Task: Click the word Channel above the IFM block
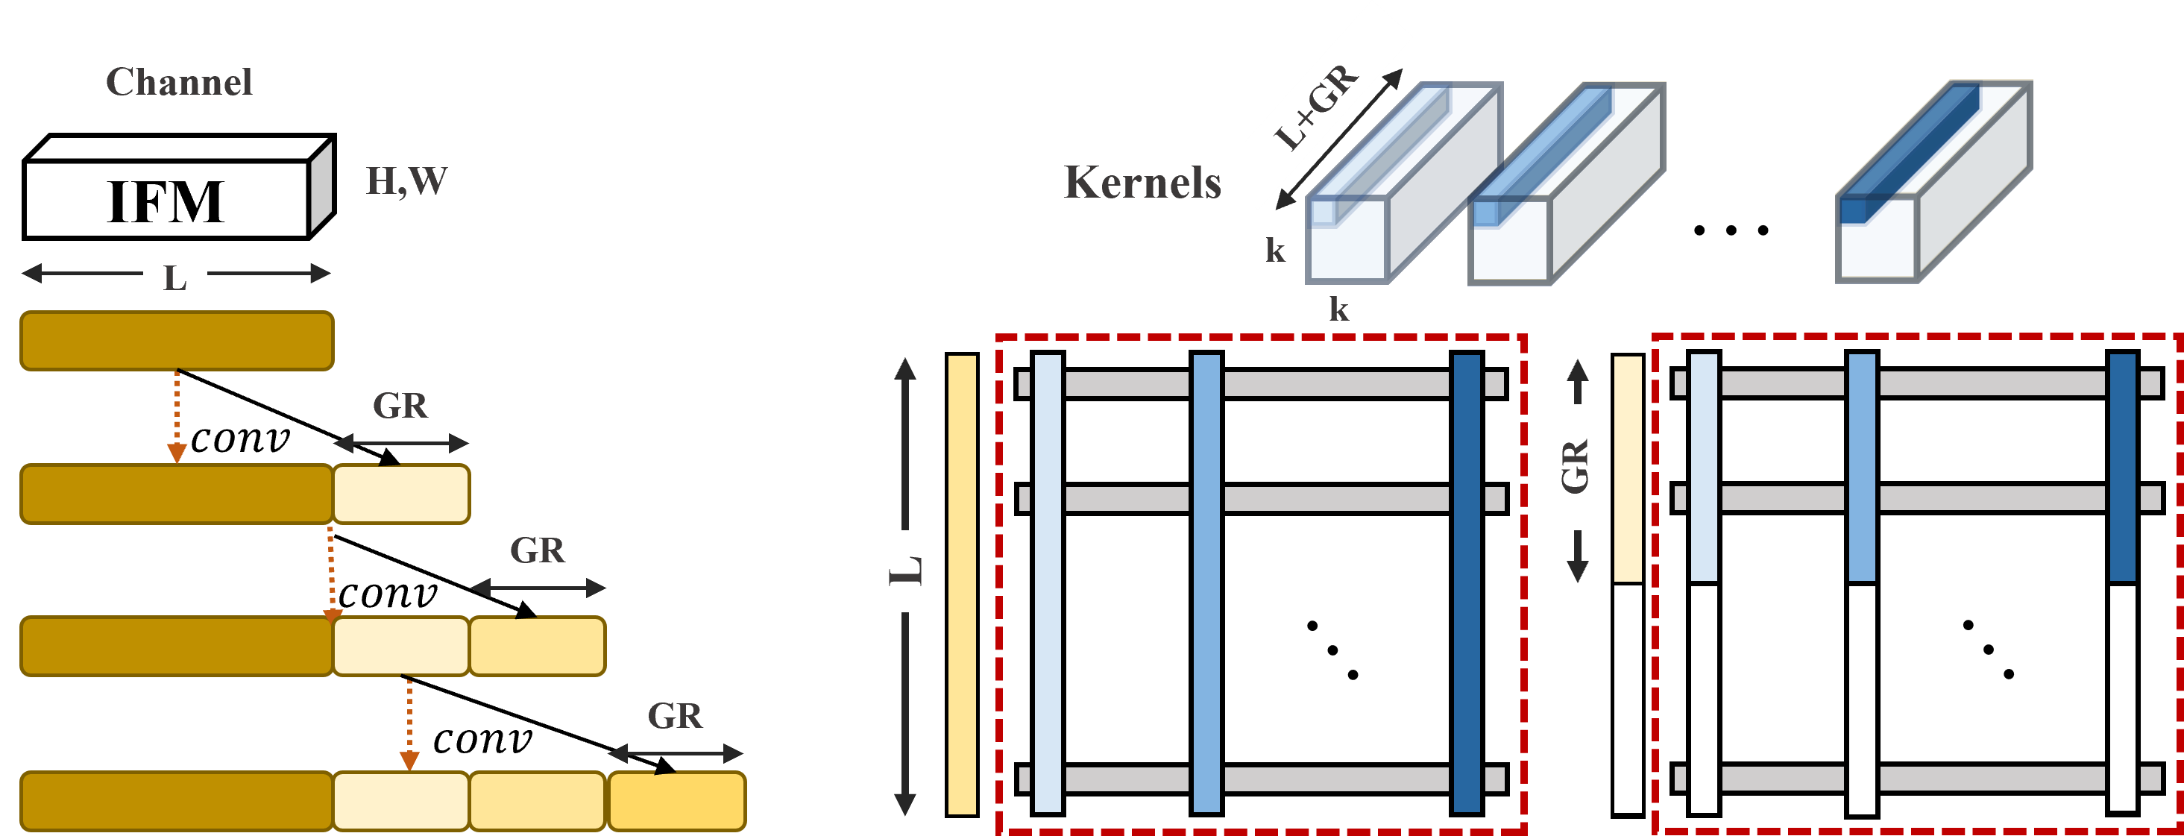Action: [179, 81]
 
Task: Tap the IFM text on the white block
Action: [166, 201]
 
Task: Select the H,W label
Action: [406, 180]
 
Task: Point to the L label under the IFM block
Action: [174, 277]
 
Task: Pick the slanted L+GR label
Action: [1318, 107]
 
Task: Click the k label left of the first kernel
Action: [1274, 249]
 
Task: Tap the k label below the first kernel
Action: [1338, 308]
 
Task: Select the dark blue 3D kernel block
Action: [1932, 183]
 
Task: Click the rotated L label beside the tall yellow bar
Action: [904, 571]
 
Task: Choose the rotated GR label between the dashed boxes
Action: [1573, 467]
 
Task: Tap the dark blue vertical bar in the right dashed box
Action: [2122, 468]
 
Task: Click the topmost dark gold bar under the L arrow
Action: [177, 341]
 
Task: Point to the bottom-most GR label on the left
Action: [675, 715]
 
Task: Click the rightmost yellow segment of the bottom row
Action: [676, 801]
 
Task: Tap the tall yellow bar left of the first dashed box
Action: [961, 585]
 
